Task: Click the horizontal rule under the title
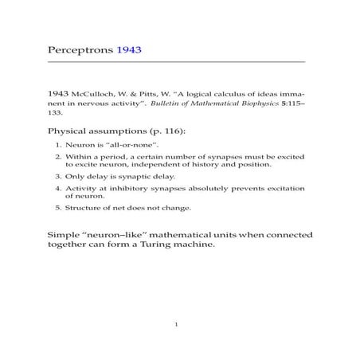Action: click(176, 62)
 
